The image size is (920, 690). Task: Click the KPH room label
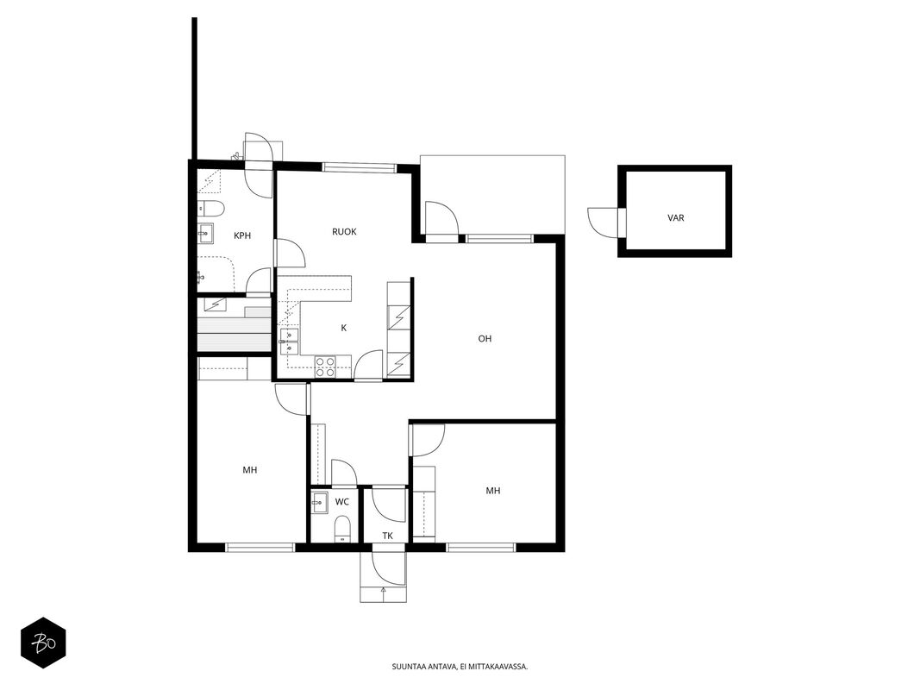tap(242, 235)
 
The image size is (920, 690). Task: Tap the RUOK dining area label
tap(344, 232)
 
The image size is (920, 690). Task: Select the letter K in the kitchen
tap(344, 328)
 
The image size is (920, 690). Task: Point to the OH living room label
tap(485, 339)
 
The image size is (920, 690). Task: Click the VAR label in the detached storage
tap(676, 217)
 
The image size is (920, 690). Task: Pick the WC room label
tap(342, 502)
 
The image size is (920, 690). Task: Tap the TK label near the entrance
tap(387, 536)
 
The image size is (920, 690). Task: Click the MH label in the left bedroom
tap(250, 470)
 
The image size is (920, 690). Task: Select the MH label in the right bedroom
tap(493, 491)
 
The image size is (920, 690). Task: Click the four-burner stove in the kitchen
tap(326, 367)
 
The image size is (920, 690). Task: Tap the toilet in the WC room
tap(342, 529)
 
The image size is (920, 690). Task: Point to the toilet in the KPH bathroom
tap(211, 208)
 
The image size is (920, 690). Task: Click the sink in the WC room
tap(319, 502)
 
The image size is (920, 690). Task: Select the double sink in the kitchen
tap(289, 342)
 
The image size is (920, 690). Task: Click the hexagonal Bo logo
tap(43, 643)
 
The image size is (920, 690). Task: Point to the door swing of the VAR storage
tap(603, 223)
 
